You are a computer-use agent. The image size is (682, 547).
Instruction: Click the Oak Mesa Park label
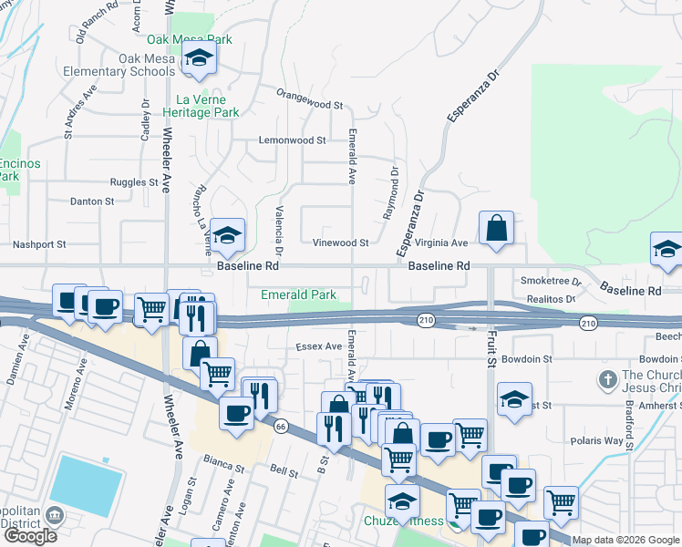point(190,40)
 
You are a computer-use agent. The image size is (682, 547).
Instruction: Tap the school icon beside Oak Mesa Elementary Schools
point(197,61)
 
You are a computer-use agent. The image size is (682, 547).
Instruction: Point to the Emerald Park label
point(299,294)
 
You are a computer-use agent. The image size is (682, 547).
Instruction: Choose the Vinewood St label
point(340,243)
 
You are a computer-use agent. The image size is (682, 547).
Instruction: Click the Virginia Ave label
point(440,243)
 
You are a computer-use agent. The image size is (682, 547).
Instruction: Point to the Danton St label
point(92,201)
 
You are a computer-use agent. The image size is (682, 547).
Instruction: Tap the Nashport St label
point(39,244)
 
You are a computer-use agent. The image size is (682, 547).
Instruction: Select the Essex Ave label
point(317,346)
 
